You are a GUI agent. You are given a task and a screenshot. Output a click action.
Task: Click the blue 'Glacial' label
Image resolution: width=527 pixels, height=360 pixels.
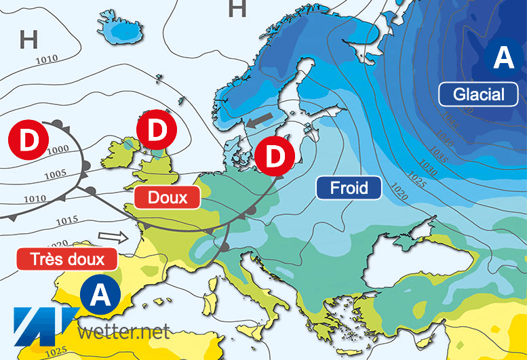pyautogui.click(x=479, y=94)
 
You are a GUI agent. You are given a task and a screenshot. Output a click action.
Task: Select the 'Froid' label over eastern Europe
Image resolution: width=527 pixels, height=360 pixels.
pyautogui.click(x=349, y=187)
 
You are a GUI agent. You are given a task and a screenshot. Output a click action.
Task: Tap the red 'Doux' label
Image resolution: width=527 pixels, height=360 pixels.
pyautogui.click(x=167, y=197)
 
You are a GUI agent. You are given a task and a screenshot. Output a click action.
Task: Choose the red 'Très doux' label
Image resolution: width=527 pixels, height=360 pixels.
pyautogui.click(x=66, y=258)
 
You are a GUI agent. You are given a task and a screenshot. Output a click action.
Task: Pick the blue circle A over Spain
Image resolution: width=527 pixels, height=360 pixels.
pyautogui.click(x=100, y=295)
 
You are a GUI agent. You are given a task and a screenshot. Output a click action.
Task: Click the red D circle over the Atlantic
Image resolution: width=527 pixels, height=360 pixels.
pyautogui.click(x=28, y=140)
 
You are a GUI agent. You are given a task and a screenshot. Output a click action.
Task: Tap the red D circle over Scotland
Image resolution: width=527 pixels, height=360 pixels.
pyautogui.click(x=157, y=130)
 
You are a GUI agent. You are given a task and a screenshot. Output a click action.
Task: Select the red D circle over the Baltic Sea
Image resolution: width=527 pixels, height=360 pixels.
pyautogui.click(x=275, y=156)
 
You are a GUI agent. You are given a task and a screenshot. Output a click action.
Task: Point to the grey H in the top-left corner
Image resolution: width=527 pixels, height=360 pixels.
pyautogui.click(x=28, y=39)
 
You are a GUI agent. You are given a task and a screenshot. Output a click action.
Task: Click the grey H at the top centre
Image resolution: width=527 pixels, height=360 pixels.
pyautogui.click(x=237, y=9)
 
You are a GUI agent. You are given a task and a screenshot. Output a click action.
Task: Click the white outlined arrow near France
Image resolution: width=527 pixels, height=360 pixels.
pyautogui.click(x=113, y=237)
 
